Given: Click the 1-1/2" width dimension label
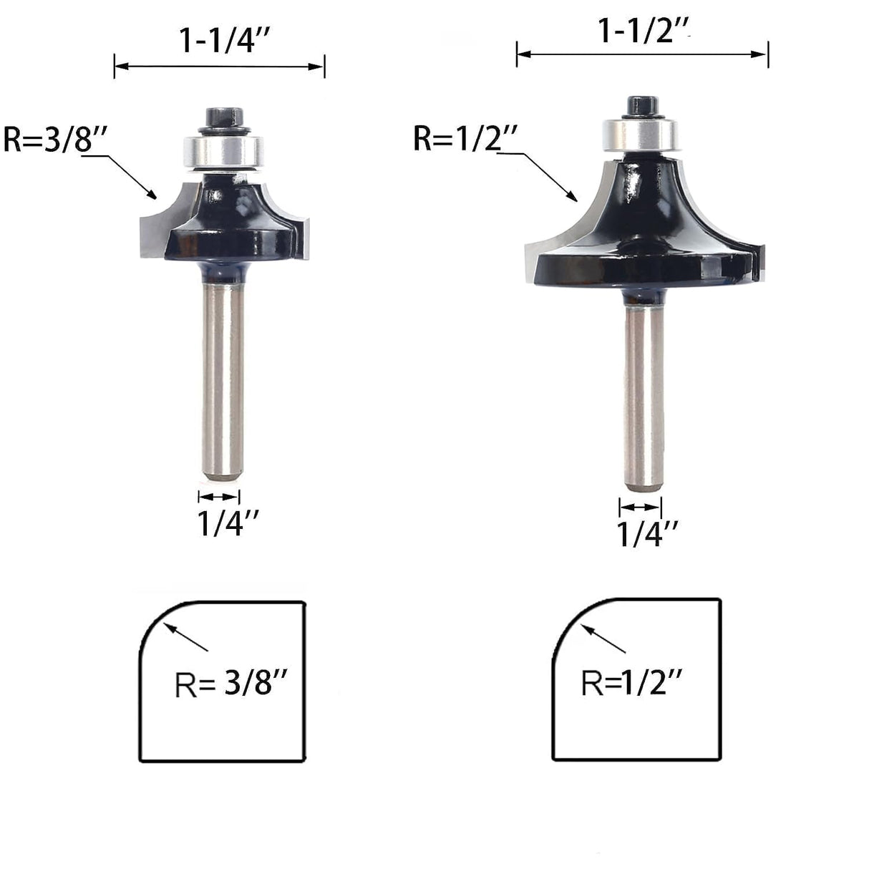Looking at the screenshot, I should pyautogui.click(x=643, y=31).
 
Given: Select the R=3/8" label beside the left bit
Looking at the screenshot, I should pyautogui.click(x=54, y=139).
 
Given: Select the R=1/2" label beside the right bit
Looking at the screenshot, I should pyautogui.click(x=465, y=138).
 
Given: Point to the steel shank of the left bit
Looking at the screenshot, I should pyautogui.click(x=223, y=379).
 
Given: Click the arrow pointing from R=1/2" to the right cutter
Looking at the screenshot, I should pyautogui.click(x=547, y=175).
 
